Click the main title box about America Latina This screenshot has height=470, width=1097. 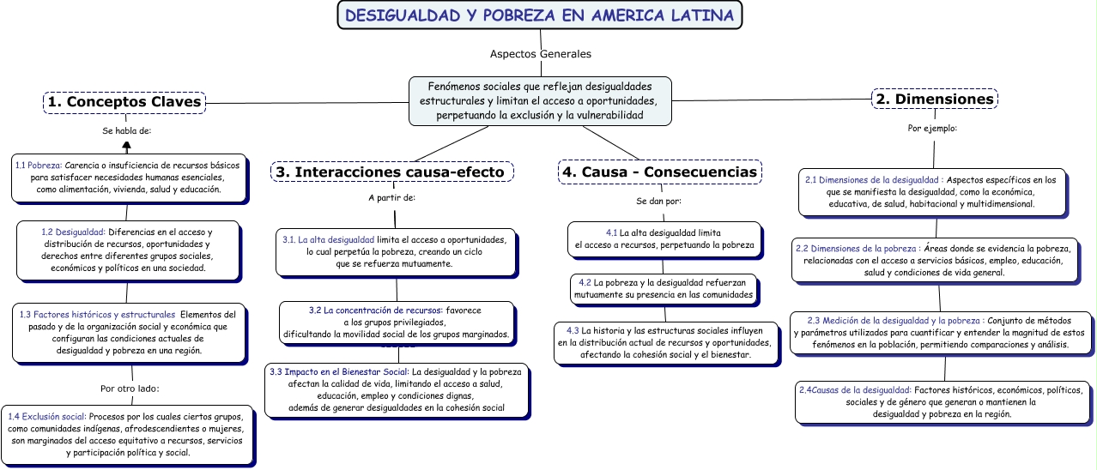tap(540, 15)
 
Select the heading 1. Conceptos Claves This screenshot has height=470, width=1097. tap(124, 102)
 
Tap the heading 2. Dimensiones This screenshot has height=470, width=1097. tap(935, 99)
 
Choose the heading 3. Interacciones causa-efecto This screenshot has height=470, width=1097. tap(392, 172)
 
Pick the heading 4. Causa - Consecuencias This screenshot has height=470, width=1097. tap(659, 172)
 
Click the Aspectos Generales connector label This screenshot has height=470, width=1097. tap(540, 54)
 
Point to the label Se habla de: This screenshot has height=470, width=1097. tap(126, 131)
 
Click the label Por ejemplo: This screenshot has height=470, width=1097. tap(932, 129)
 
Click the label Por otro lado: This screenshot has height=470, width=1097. tap(130, 389)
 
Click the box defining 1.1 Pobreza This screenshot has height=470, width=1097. tap(130, 178)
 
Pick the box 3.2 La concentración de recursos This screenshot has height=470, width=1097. tap(396, 321)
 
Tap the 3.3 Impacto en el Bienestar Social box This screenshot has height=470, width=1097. tap(396, 390)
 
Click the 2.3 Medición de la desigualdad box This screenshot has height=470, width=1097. tap(942, 332)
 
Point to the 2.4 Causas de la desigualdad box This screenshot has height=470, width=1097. tap(942, 401)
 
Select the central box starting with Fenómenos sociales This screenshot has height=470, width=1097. tap(540, 100)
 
